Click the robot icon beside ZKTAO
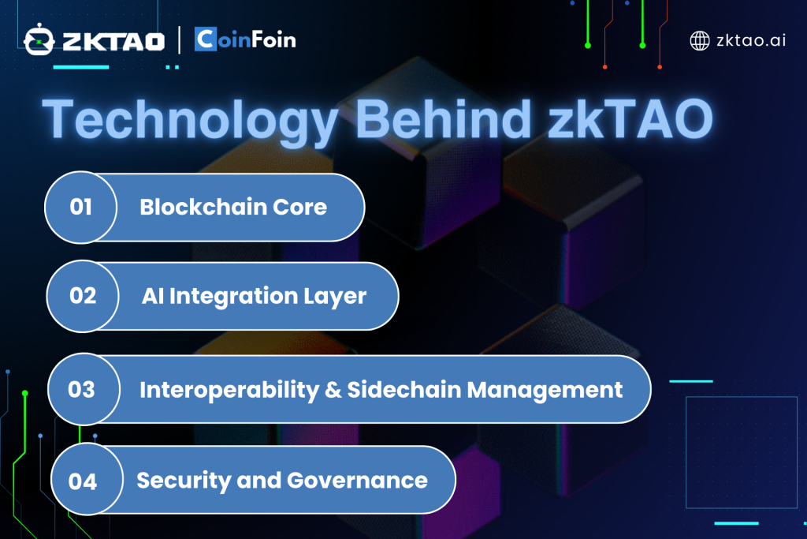pos(39,39)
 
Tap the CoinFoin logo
pos(245,39)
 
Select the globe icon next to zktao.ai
pos(700,41)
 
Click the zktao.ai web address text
pos(751,40)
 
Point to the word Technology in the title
pos(190,120)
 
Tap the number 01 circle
pos(81,207)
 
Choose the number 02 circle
pos(82,296)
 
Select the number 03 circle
pos(84,389)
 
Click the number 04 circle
pos(87,480)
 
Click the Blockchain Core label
pos(233,207)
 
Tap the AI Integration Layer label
pos(254,297)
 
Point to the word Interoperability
pos(229,391)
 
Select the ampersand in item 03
pos(333,390)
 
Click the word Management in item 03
pos(545,391)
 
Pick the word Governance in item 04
pos(357,481)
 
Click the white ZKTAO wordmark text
pos(113,42)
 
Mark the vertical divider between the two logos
pos(179,40)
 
